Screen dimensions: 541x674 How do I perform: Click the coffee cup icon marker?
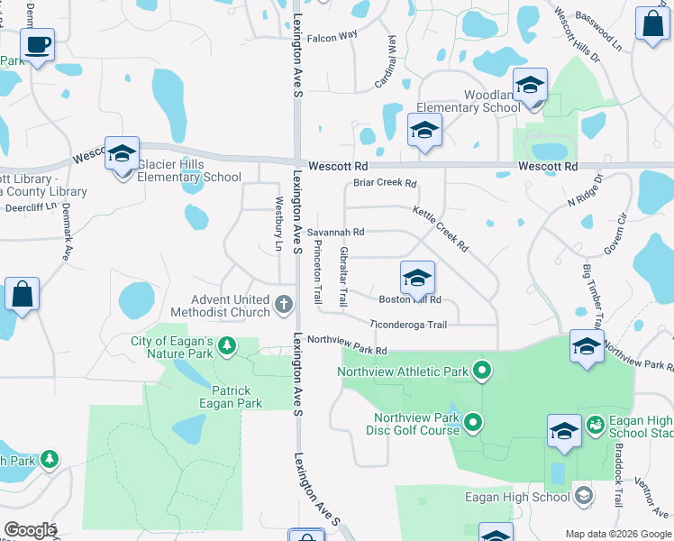coord(37,45)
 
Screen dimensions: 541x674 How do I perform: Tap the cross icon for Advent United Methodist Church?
coord(284,304)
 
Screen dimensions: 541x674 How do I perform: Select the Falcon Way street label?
coord(332,36)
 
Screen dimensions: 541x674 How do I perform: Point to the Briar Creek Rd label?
coord(385,183)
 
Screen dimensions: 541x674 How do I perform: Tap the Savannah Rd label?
coord(335,232)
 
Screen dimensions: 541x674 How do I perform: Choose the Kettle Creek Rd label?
coord(441,229)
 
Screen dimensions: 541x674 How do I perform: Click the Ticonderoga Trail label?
coord(408,325)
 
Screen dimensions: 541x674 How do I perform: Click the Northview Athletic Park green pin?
coord(482,370)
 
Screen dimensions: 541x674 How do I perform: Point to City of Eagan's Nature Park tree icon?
coord(227,344)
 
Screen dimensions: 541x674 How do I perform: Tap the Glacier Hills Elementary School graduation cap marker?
coord(122,154)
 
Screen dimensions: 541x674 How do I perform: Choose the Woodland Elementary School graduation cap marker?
coord(531,87)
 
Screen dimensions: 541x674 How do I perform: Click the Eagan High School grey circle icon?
coord(583,495)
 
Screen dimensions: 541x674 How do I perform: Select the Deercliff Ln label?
coord(28,206)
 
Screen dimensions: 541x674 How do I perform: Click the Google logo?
coord(30,530)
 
